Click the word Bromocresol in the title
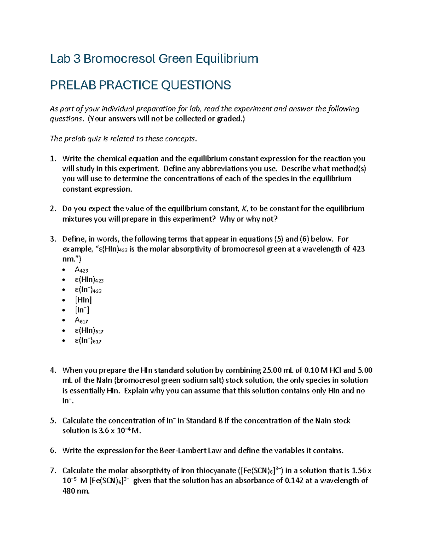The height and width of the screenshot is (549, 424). pyautogui.click(x=119, y=58)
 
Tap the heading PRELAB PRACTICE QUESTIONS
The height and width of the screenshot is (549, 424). pyautogui.click(x=140, y=85)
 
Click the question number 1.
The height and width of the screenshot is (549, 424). pyautogui.click(x=53, y=159)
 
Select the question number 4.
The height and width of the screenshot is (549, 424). pyautogui.click(x=53, y=370)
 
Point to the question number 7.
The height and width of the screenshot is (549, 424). pyautogui.click(x=53, y=471)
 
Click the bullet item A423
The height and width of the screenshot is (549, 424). pyautogui.click(x=81, y=270)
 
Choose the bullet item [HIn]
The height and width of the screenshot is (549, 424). pyautogui.click(x=83, y=300)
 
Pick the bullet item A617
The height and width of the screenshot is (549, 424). pyautogui.click(x=81, y=321)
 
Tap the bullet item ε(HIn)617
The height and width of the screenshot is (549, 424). pyautogui.click(x=89, y=331)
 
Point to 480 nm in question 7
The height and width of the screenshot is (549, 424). pyautogui.click(x=76, y=491)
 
